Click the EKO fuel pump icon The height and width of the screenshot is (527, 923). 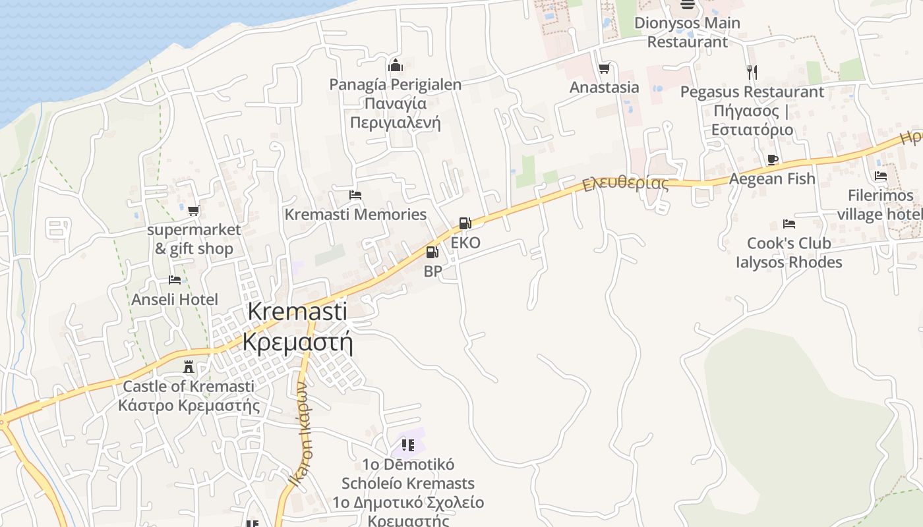(x=465, y=223)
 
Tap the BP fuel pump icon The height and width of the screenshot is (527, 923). (x=432, y=252)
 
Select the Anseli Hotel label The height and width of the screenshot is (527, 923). (x=175, y=300)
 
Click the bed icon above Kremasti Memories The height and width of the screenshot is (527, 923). (x=355, y=195)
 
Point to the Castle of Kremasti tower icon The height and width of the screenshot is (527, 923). (x=189, y=367)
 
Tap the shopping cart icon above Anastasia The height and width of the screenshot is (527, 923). (x=604, y=68)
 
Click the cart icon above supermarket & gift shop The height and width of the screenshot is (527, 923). (x=193, y=211)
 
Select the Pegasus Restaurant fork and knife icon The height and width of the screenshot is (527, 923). (x=752, y=72)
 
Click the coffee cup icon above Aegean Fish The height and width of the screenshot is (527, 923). (x=773, y=159)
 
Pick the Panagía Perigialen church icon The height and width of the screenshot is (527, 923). (x=396, y=65)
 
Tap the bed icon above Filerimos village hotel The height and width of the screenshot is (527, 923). (x=881, y=176)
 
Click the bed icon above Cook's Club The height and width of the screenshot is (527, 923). (x=789, y=224)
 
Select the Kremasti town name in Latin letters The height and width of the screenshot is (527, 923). (x=297, y=312)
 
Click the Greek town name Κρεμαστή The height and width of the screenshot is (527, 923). (x=297, y=343)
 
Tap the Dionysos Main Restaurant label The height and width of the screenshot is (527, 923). (x=687, y=32)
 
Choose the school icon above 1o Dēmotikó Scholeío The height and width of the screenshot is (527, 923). (x=408, y=445)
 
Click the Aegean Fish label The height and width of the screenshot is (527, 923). (x=772, y=179)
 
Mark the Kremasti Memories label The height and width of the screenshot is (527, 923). (x=355, y=214)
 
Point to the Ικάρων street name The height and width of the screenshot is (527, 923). (x=302, y=435)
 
